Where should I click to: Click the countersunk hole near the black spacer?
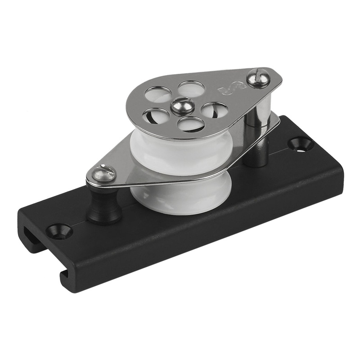59,231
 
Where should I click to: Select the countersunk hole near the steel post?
300,144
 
